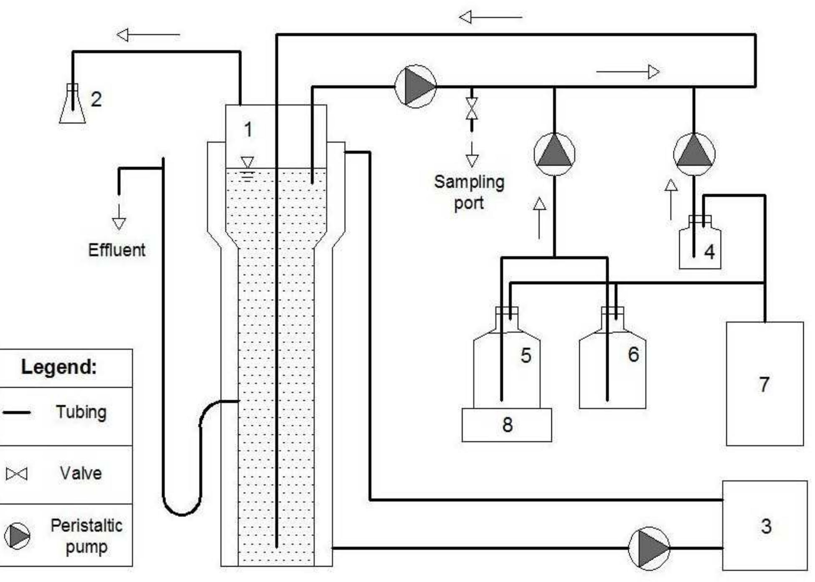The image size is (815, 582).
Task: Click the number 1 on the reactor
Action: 248,129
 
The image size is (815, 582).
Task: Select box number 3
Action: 764,526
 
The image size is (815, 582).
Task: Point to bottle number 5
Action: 507,368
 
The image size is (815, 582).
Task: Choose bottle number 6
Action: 612,368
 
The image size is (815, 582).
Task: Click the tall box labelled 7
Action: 764,384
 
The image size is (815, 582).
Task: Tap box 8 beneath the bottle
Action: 507,425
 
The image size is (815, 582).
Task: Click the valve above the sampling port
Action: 472,109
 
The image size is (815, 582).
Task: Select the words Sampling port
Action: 469,192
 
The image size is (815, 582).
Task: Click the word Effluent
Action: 117,250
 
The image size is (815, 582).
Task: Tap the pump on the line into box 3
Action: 649,548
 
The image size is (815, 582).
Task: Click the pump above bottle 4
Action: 694,154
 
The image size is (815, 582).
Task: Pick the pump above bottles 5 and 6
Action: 554,154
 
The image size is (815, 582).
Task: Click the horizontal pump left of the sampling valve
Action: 416,86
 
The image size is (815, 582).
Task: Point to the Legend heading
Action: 59,367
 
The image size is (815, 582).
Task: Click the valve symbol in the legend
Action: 17,474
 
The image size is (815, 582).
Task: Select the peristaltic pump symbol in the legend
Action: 17,536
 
